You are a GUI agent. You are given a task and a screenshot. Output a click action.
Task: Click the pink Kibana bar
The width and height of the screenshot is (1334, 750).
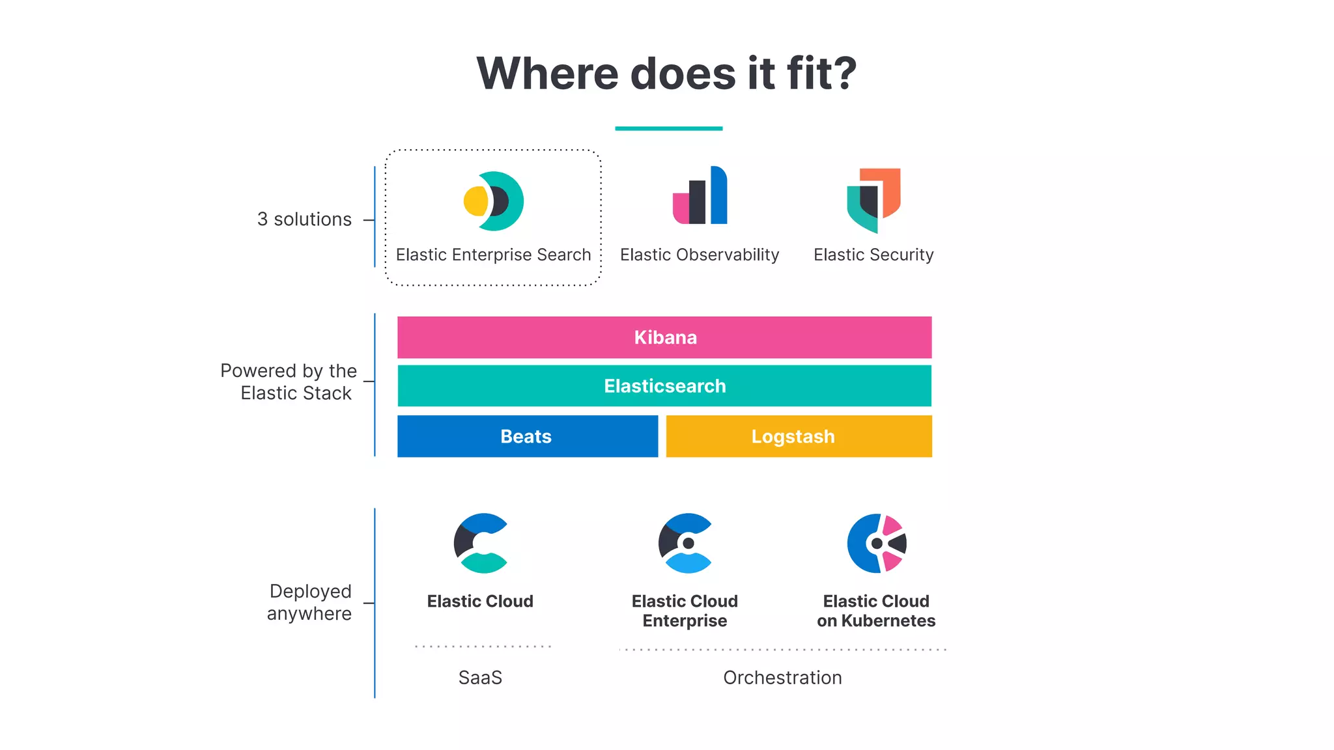tap(664, 337)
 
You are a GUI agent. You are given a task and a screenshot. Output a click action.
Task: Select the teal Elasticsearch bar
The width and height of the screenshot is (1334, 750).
tap(664, 386)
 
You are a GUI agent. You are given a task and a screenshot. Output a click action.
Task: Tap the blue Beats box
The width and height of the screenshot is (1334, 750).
tap(527, 436)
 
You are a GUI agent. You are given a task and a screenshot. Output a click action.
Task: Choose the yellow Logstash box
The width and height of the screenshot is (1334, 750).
tap(799, 436)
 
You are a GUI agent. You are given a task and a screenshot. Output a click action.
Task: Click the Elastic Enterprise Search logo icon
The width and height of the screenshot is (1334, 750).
tap(494, 201)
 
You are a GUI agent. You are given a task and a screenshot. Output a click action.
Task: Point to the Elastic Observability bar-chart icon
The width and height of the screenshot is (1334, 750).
tap(700, 196)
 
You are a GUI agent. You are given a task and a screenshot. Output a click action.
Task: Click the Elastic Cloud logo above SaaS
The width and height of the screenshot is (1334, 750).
tap(481, 543)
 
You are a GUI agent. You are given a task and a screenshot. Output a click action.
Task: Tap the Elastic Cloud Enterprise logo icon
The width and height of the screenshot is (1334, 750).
tap(685, 543)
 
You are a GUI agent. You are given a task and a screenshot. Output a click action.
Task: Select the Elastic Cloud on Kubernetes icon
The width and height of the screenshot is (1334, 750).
tap(877, 543)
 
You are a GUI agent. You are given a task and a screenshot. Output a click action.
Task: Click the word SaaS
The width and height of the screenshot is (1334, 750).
tap(480, 678)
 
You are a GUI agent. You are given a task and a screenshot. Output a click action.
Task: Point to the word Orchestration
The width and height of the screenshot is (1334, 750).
tap(782, 678)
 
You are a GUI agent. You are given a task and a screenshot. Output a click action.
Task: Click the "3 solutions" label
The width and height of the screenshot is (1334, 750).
tap(304, 219)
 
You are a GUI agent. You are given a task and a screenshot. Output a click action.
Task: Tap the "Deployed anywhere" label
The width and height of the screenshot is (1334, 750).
tap(309, 602)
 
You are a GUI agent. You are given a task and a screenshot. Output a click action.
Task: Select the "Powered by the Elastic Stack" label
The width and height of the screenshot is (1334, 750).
tap(289, 382)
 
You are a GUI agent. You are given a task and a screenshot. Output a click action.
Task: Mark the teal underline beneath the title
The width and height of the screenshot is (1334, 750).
tap(668, 128)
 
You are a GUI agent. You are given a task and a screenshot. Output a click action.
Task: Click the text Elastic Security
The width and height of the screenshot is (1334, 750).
tap(873, 255)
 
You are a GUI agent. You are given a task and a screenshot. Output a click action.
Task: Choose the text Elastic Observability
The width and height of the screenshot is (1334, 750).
tap(700, 255)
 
